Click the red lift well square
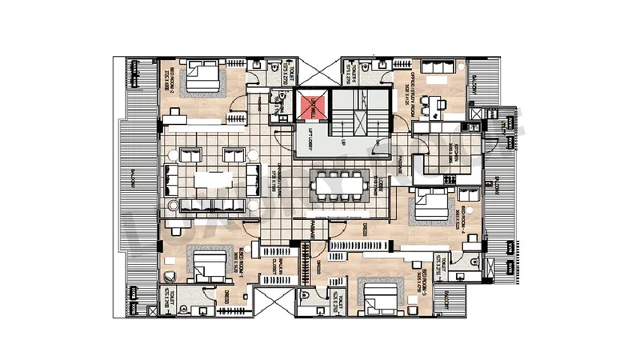[x=310, y=106]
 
